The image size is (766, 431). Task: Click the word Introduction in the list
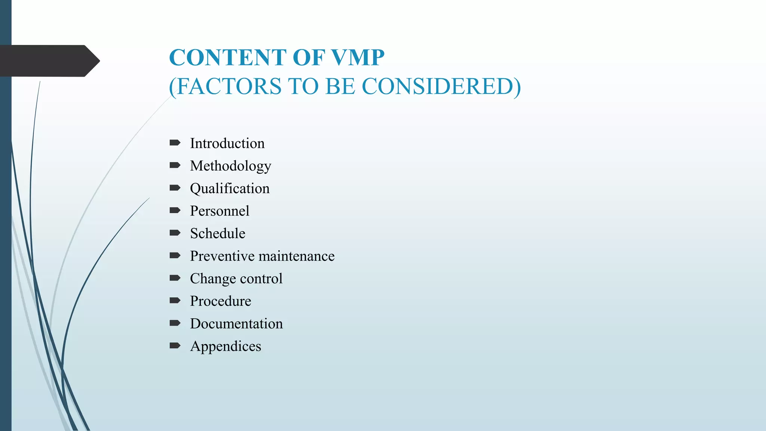(227, 143)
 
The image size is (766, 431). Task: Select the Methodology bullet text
(230, 166)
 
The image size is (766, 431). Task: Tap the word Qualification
(230, 189)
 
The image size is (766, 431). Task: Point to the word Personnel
(220, 211)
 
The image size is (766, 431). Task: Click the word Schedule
(218, 233)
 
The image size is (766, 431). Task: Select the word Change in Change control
(212, 279)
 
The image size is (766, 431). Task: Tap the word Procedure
(220, 301)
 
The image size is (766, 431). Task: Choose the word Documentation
(236, 324)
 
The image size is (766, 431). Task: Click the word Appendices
(226, 346)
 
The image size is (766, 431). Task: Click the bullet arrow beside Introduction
(175, 143)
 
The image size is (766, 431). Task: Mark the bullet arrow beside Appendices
(175, 345)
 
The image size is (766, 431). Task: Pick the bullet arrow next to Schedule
(175, 233)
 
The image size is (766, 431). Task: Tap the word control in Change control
(261, 279)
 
